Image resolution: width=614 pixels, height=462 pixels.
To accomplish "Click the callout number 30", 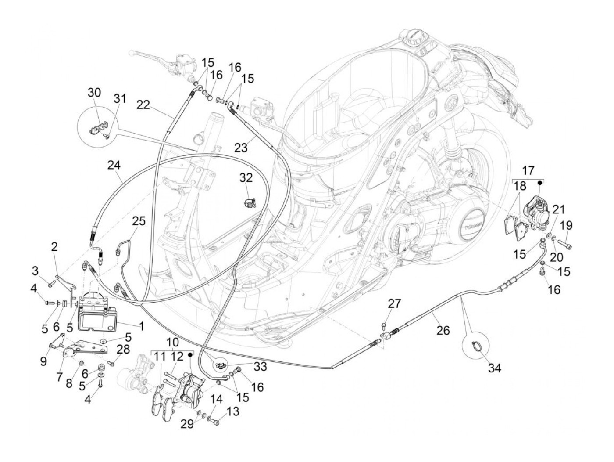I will (94, 93).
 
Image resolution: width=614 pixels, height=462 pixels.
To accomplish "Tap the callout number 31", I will (120, 99).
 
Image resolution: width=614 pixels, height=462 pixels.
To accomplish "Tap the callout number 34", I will (494, 368).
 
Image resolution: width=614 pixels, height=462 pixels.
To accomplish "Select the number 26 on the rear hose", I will (443, 330).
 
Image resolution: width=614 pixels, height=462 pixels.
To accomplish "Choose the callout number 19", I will (566, 226).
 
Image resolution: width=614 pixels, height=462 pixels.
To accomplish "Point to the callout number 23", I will (241, 147).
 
